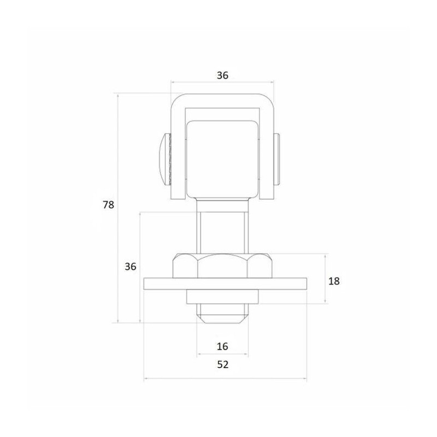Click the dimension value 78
[x=108, y=205]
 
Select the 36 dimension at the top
[x=222, y=75]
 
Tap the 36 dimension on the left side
[x=129, y=267]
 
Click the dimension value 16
[x=222, y=346]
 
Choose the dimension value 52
[x=222, y=365]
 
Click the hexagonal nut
[x=223, y=265]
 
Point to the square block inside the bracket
[x=222, y=158]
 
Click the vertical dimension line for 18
[x=326, y=262]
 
